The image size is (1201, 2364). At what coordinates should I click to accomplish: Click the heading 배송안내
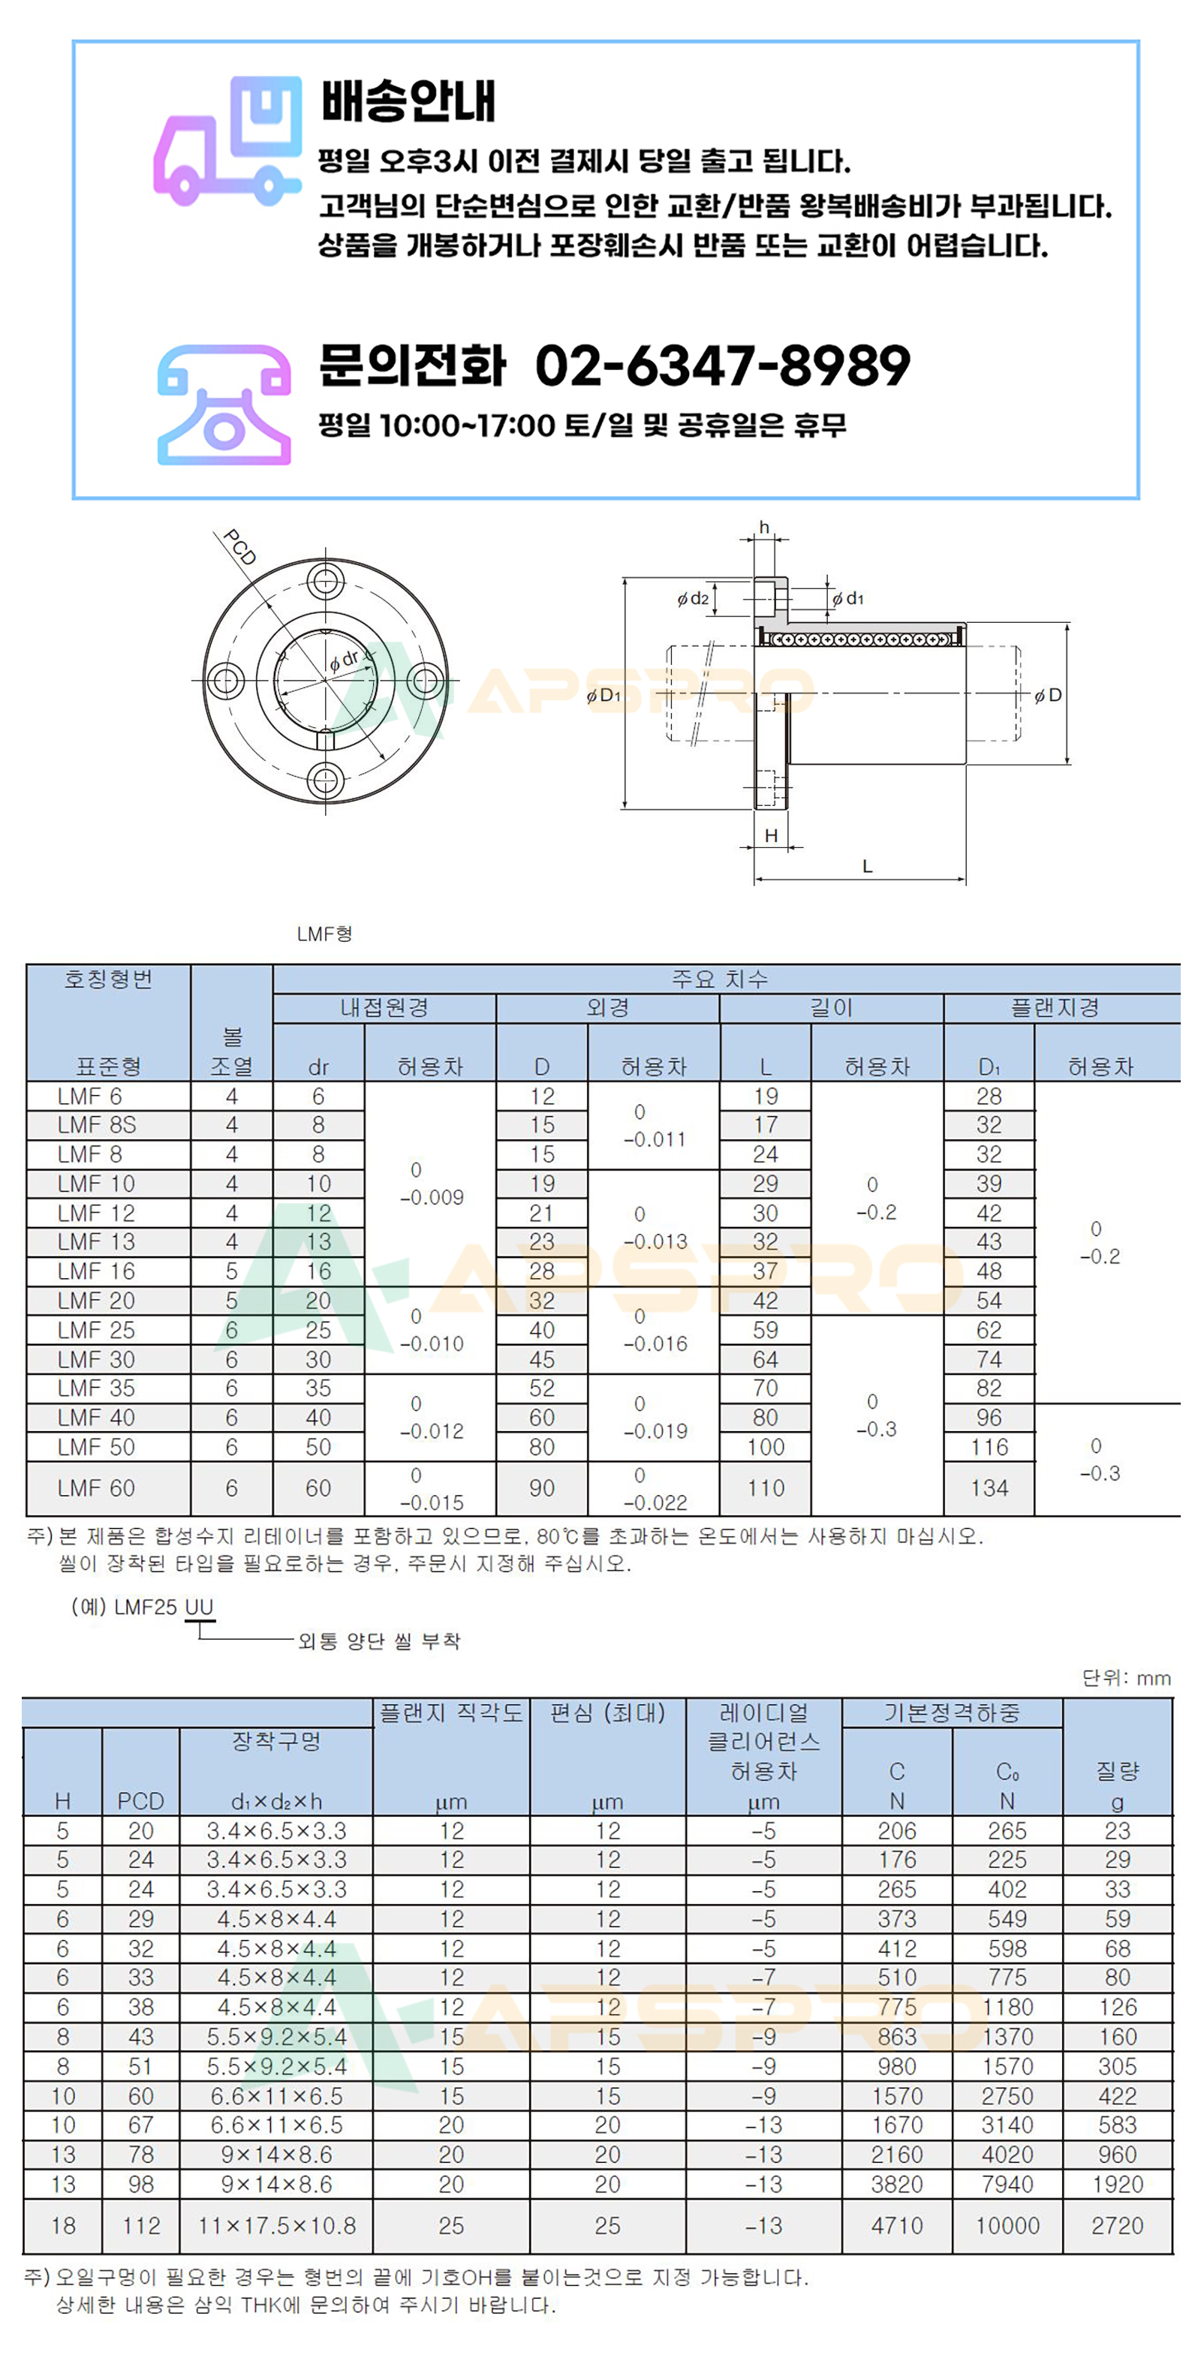tap(408, 101)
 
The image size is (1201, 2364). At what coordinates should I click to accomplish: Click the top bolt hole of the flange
tap(325, 581)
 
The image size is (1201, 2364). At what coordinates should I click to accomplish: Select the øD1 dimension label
tap(604, 696)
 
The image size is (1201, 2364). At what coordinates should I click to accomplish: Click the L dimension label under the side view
tap(867, 866)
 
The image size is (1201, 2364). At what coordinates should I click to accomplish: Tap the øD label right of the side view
tap(1048, 696)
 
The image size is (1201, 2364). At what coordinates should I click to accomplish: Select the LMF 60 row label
tap(96, 1487)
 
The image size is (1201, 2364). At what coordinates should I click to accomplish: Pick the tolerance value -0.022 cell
tap(655, 1502)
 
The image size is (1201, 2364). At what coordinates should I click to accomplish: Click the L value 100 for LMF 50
tap(765, 1447)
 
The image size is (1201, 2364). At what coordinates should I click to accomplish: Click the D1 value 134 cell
tap(989, 1487)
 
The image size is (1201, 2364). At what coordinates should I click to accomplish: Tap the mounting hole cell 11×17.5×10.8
tap(276, 2225)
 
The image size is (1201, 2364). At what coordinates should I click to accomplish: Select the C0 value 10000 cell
tap(1007, 2225)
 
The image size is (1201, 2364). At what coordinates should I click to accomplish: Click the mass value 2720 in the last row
tap(1118, 2225)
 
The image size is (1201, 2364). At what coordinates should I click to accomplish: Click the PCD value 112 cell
tap(140, 2225)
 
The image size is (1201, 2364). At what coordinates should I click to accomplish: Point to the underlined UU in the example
tap(199, 1607)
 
